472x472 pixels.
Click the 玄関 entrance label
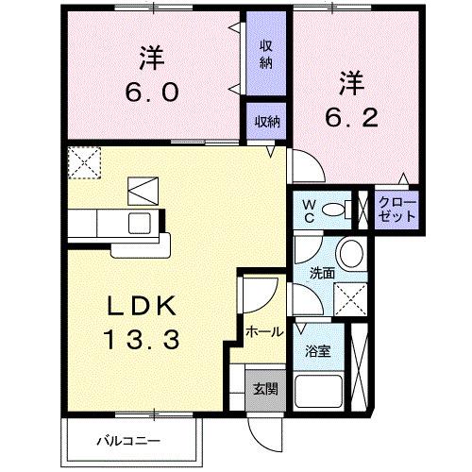click(x=265, y=388)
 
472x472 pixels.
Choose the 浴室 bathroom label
click(x=317, y=351)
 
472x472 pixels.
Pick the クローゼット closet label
click(x=396, y=210)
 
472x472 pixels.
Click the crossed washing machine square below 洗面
click(x=352, y=298)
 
